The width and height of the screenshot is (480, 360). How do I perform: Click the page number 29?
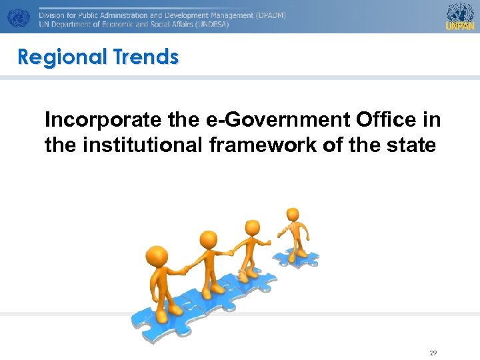[x=433, y=353]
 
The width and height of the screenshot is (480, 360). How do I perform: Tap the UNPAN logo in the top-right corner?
[x=460, y=17]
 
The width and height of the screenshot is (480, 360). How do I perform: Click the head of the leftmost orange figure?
[x=157, y=256]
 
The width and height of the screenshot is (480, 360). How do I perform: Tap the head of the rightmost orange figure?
[x=293, y=215]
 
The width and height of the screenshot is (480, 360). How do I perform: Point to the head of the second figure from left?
[x=208, y=238]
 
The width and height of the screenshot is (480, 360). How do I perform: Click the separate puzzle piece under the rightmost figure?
[x=297, y=257]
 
